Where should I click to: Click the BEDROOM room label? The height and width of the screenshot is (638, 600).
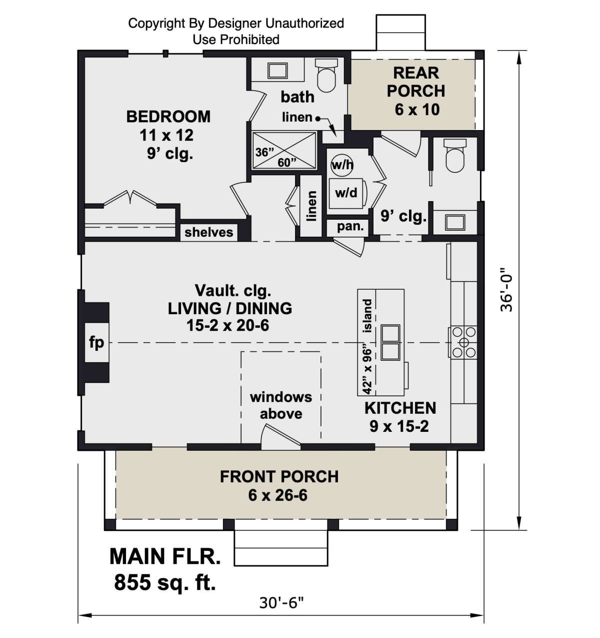(x=168, y=117)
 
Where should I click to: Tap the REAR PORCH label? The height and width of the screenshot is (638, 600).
(x=416, y=82)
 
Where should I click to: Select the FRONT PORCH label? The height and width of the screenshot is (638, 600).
(x=279, y=476)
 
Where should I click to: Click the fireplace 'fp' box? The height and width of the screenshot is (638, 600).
(x=96, y=342)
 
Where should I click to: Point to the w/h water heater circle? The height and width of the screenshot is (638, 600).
(x=342, y=165)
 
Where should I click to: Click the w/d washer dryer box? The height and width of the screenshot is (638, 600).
(x=346, y=194)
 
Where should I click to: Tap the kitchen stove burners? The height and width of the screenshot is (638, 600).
(x=463, y=342)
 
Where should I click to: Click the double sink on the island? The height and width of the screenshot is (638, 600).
(x=390, y=342)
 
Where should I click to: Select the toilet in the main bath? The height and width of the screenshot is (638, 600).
(x=326, y=76)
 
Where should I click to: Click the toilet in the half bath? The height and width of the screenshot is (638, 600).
(x=455, y=156)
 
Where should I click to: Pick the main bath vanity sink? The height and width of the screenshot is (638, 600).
(x=277, y=71)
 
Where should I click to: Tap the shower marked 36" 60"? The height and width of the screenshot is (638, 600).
(x=284, y=150)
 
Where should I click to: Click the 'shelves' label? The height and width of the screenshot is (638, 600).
(x=208, y=232)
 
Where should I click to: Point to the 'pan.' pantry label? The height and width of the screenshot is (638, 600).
(x=350, y=227)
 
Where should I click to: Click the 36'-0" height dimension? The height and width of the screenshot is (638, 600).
(x=506, y=289)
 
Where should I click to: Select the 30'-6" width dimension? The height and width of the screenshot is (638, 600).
(x=281, y=603)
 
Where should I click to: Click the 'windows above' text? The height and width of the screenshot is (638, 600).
(x=281, y=405)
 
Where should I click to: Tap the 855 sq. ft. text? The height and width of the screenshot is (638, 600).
(x=165, y=582)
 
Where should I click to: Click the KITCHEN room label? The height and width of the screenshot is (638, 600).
(x=400, y=408)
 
